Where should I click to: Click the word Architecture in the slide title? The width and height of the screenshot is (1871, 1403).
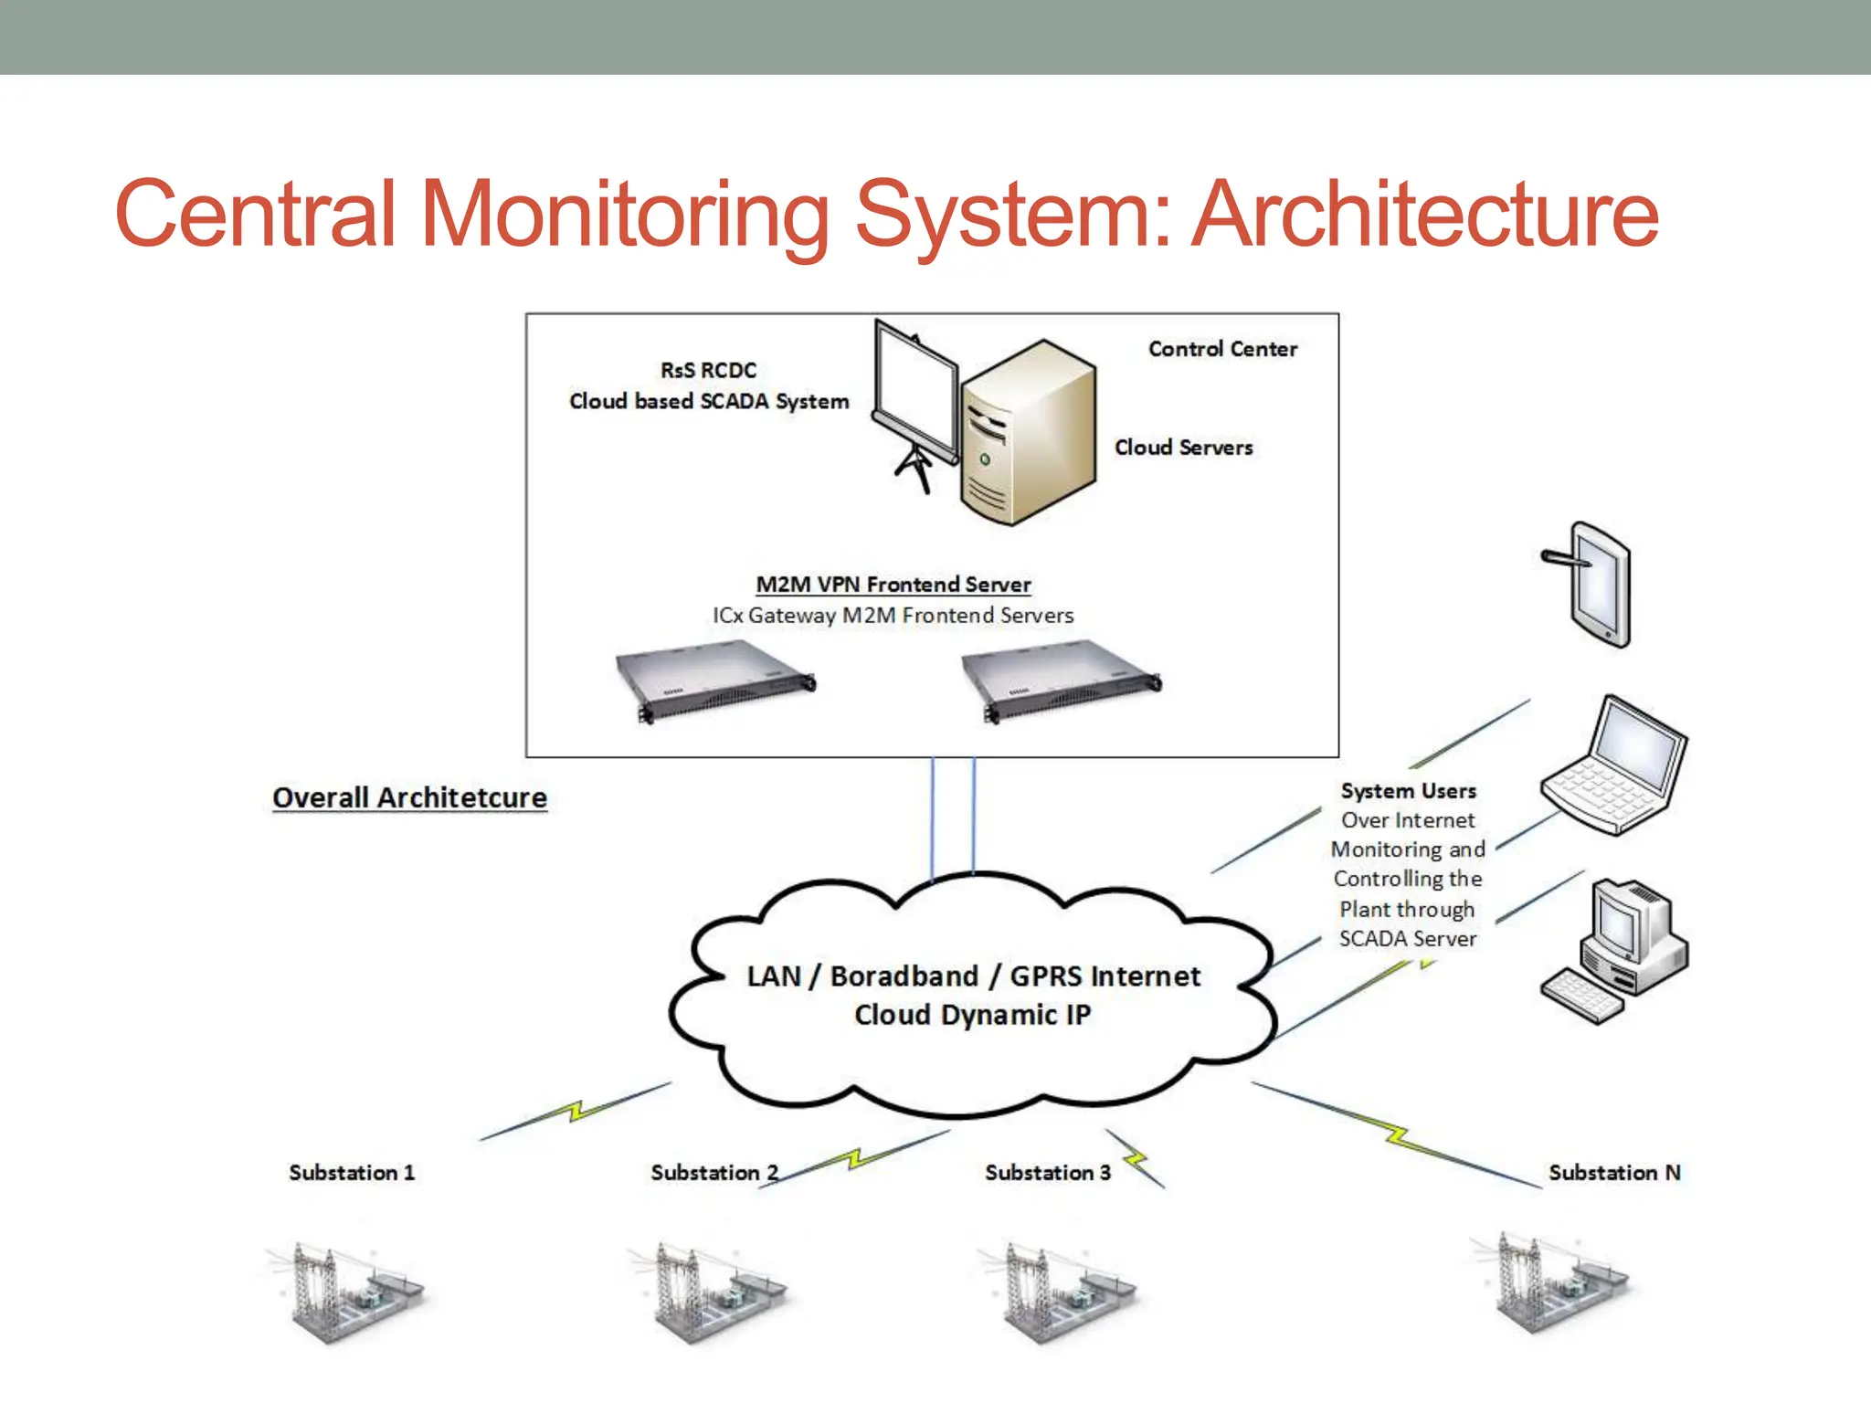pos(1425,215)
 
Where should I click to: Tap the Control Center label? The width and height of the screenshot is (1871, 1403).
pos(1222,349)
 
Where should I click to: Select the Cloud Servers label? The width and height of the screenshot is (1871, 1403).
pos(1183,448)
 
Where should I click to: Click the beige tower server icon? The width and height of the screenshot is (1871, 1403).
pos(1028,434)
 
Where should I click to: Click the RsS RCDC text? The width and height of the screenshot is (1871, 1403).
pos(708,370)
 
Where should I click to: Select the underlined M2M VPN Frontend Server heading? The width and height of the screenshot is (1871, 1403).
pos(893,585)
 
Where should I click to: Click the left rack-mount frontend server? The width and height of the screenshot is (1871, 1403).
pos(714,680)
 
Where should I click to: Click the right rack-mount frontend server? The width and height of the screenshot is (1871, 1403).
pos(1061,680)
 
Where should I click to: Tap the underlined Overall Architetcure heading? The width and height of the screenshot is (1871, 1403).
pos(409,797)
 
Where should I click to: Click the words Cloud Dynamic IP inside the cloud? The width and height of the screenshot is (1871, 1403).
pos(972,1015)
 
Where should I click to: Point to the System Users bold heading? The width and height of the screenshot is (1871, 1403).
pos(1408,791)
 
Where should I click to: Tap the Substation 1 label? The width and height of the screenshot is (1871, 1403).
pos(352,1173)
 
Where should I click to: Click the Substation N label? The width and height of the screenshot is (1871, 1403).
pos(1614,1173)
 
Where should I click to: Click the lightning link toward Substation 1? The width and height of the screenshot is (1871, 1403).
pos(576,1111)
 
